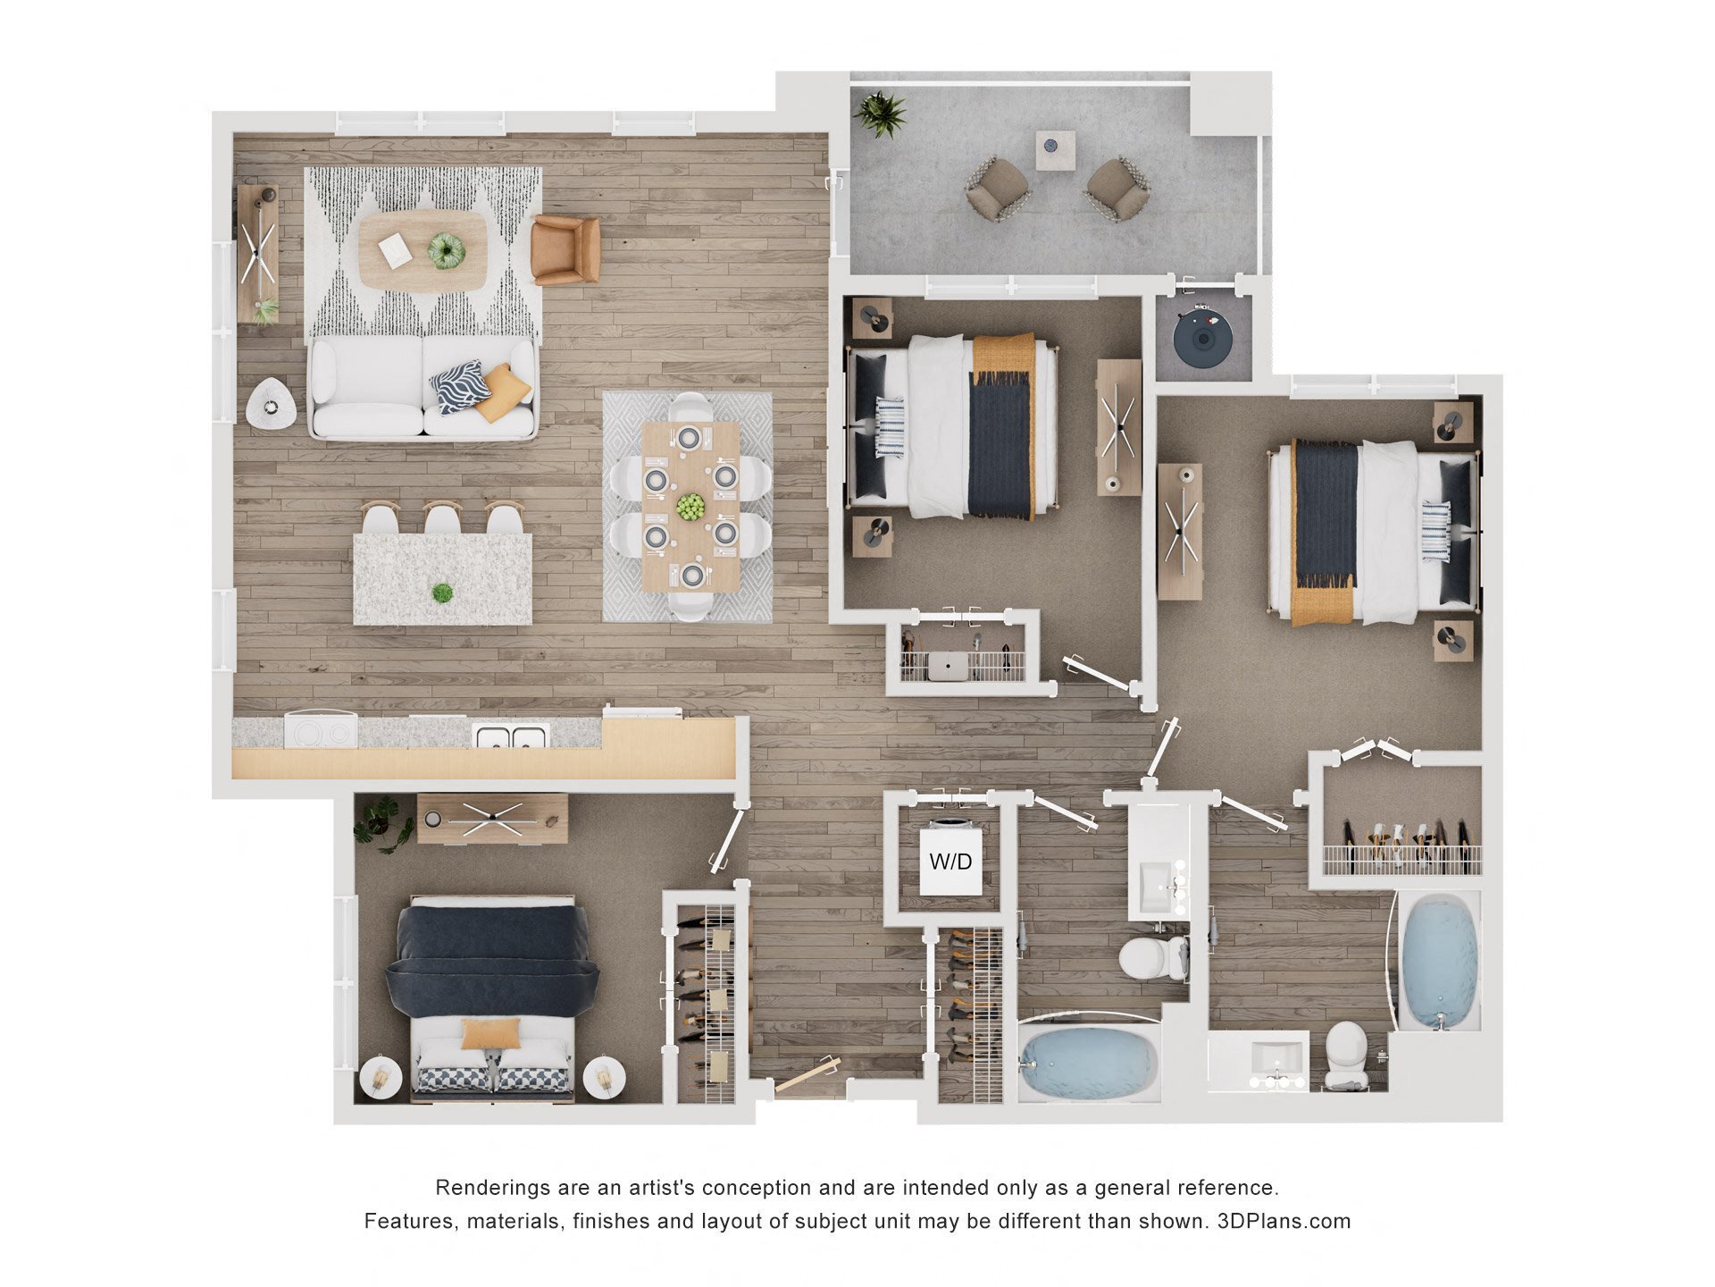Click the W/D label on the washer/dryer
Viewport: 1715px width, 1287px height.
click(x=950, y=862)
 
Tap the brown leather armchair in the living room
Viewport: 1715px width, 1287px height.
click(x=565, y=249)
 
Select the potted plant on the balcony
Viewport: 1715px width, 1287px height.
click(x=880, y=114)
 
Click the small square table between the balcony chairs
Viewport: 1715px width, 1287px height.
click(x=1055, y=149)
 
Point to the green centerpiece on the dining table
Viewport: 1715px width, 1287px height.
click(x=690, y=507)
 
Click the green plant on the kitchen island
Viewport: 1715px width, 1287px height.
click(x=442, y=593)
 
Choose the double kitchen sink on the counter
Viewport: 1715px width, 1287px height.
click(x=511, y=736)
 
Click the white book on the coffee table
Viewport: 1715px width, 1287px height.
click(x=395, y=250)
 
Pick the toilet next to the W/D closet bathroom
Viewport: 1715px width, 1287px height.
click(x=1152, y=957)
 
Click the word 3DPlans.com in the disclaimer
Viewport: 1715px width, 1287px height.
click(x=1284, y=1221)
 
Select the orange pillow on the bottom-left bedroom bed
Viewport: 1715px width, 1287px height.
click(x=490, y=1033)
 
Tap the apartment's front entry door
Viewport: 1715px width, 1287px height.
click(x=807, y=1075)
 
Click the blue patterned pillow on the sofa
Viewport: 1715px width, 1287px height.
click(x=460, y=386)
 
